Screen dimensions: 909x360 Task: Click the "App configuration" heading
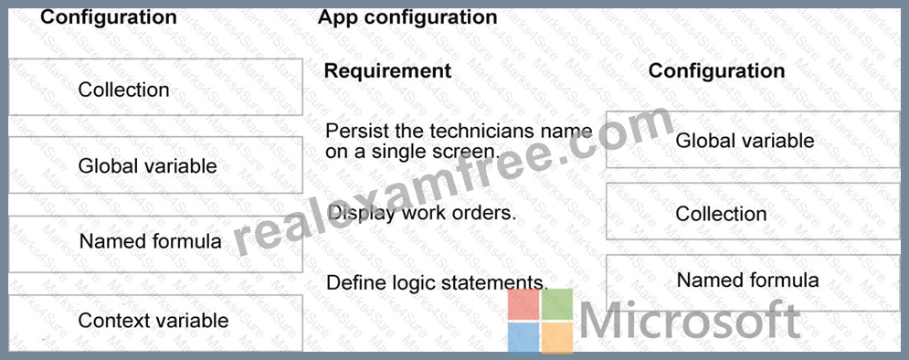click(407, 16)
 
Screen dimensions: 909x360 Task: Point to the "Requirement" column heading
click(387, 70)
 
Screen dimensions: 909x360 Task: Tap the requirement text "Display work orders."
click(421, 213)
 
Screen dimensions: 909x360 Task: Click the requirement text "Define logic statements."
click(437, 283)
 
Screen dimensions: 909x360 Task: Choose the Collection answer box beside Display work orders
click(753, 211)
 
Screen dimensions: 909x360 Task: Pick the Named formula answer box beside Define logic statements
click(753, 282)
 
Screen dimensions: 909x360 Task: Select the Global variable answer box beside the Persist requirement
click(753, 140)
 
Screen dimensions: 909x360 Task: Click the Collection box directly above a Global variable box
click(155, 87)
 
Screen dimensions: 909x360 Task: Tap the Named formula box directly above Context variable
click(155, 244)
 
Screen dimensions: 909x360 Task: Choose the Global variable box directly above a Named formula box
click(155, 165)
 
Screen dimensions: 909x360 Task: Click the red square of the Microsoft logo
click(524, 304)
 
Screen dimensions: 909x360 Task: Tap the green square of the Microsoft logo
click(557, 304)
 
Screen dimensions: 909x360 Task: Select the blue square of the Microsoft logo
click(524, 338)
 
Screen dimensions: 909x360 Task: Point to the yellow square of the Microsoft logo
click(557, 338)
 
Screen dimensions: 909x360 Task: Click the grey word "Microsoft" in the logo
click(690, 321)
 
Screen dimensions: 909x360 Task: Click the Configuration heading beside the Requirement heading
click(716, 70)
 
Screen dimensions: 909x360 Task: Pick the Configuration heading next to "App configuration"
click(109, 16)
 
